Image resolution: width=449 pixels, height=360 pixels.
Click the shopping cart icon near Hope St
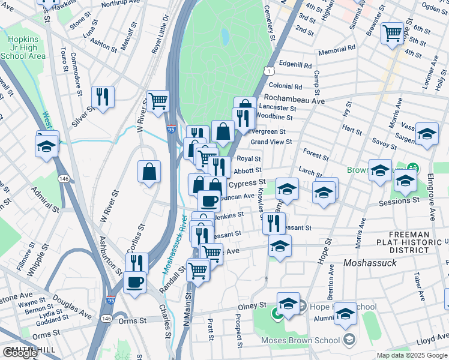coord(392,34)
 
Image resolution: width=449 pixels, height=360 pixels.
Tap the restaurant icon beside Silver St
coord(103,97)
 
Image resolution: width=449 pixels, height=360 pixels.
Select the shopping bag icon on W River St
coord(149,172)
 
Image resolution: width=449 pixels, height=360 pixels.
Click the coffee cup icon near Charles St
coord(134,281)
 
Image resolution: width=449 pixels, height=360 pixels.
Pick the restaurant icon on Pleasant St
coord(274,223)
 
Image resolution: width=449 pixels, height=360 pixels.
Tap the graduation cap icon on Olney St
coord(288,304)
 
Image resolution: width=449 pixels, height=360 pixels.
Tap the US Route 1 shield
coord(265,71)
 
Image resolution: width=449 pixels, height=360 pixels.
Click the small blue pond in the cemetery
coord(224,37)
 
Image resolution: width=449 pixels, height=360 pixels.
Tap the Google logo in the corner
coord(20,353)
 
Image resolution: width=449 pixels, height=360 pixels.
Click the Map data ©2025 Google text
coord(412,355)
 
